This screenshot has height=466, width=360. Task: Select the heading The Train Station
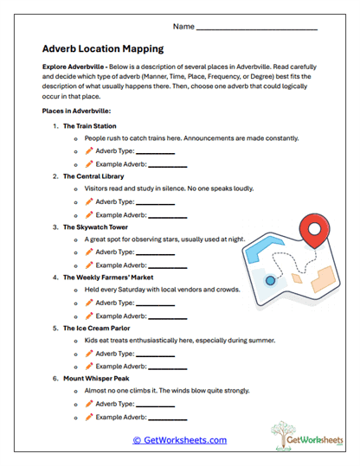tap(90, 126)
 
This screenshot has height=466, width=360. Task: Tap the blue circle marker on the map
tap(270, 281)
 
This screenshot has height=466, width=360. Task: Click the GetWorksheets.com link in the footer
tap(179, 440)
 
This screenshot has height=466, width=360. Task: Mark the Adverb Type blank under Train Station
tap(156, 152)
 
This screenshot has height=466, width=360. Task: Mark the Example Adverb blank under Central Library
tap(165, 215)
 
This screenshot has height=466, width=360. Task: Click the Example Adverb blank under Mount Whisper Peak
tap(165, 418)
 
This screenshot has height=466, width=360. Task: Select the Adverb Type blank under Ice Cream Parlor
tap(156, 354)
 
